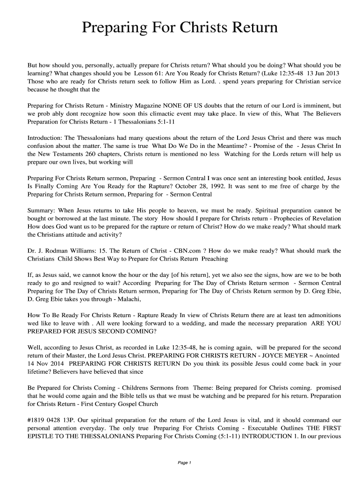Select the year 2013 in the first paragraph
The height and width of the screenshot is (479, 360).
[331, 74]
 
